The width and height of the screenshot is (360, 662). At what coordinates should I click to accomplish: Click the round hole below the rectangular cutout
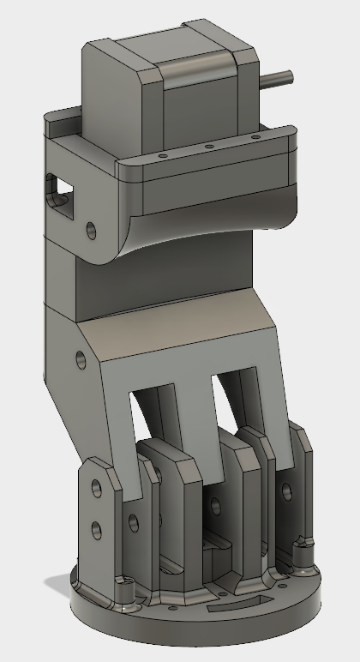click(91, 230)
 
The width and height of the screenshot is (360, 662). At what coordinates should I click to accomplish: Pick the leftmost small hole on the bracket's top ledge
click(161, 156)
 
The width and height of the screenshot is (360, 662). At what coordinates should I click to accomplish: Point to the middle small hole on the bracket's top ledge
click(208, 147)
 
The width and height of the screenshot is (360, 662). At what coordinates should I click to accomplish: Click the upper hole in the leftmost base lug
click(96, 488)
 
